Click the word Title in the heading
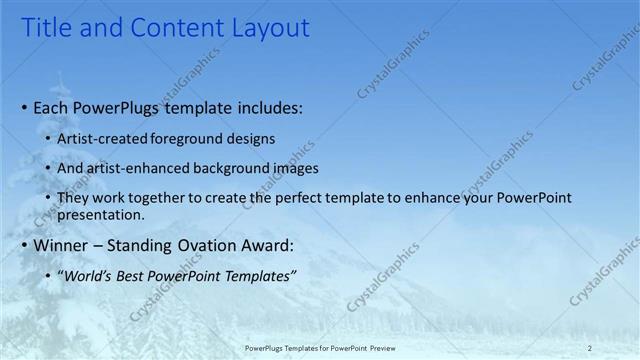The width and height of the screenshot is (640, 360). coord(45,28)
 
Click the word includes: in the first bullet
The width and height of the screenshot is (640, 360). coord(267,107)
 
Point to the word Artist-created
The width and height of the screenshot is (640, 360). coord(103,139)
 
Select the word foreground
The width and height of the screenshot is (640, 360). coord(190,139)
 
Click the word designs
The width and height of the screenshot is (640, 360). coord(251,139)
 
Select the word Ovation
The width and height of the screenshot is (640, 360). coord(216,245)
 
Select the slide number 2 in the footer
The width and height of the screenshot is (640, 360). coord(590,347)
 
